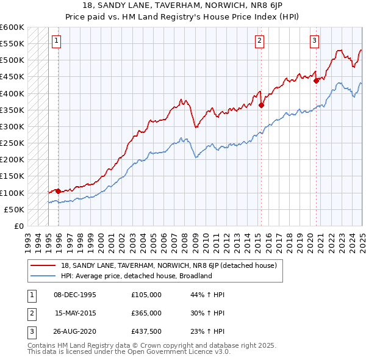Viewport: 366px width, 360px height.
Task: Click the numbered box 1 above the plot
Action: [x=56, y=41]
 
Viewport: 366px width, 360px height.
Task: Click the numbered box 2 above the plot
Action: [x=259, y=41]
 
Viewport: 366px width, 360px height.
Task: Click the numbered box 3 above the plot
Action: [x=314, y=41]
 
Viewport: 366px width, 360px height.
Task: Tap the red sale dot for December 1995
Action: [x=58, y=191]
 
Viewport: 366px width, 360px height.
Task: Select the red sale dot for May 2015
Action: [x=261, y=105]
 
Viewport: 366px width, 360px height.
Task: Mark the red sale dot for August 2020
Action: [x=316, y=81]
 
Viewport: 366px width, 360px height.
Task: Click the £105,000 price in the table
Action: [x=146, y=294]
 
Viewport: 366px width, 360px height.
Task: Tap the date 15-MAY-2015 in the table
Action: [x=76, y=313]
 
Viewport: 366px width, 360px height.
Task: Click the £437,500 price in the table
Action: [x=146, y=332]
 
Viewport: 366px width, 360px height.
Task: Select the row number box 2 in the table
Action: [x=30, y=313]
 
